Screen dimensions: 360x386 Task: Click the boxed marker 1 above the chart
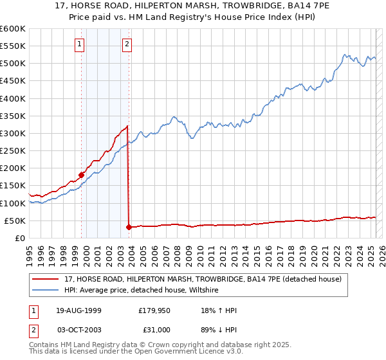pos(79,44)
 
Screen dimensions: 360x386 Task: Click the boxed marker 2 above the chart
pos(127,44)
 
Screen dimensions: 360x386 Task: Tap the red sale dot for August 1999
pos(82,174)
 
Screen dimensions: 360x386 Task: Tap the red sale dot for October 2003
pos(129,227)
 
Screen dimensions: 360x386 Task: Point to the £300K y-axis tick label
pos(12,134)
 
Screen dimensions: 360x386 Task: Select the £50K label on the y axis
pos(15,221)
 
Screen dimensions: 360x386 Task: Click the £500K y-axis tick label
pos(12,64)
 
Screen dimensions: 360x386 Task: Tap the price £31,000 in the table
pos(154,330)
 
